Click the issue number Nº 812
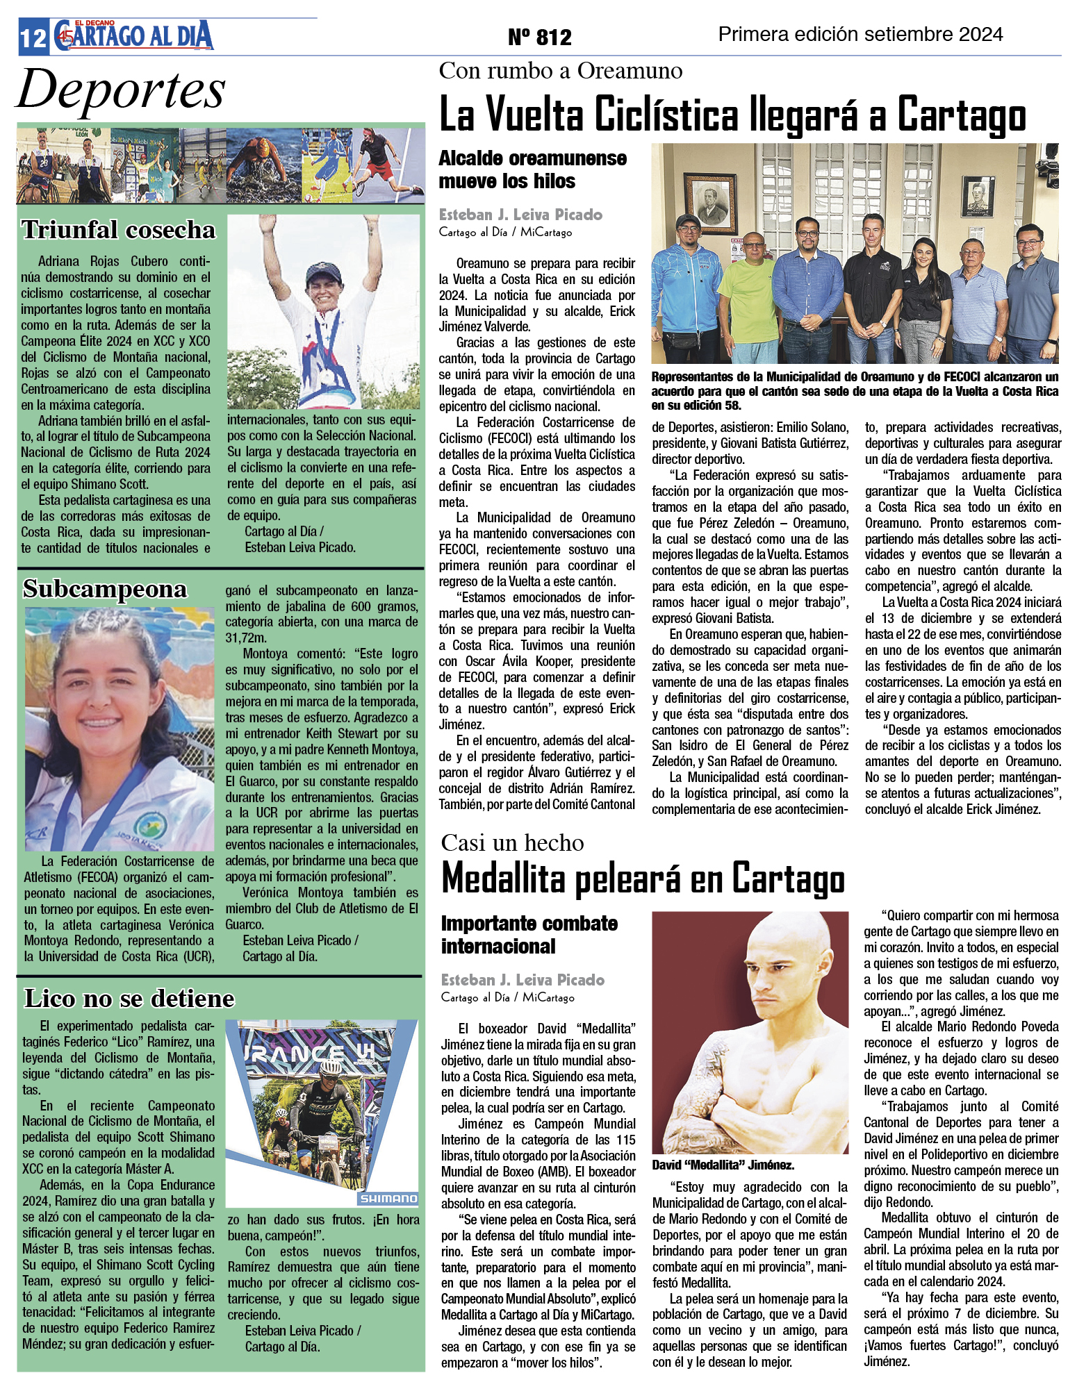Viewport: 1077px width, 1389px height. pyautogui.click(x=539, y=37)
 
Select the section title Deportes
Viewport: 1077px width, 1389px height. pyautogui.click(x=121, y=90)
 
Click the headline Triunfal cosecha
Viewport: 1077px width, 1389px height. pyautogui.click(x=119, y=230)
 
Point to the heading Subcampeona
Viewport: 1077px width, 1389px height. pyautogui.click(x=105, y=589)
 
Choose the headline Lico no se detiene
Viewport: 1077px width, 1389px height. pyautogui.click(x=130, y=998)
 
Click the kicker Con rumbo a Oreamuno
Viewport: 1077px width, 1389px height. pyautogui.click(x=561, y=71)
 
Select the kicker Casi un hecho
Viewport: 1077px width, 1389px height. pyautogui.click(x=512, y=842)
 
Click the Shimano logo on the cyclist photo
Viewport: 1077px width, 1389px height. pyautogui.click(x=388, y=1198)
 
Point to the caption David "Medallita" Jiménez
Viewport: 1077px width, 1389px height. pyautogui.click(x=723, y=1165)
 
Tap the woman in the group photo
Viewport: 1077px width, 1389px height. pyautogui.click(x=922, y=292)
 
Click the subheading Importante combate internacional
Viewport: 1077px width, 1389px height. pyautogui.click(x=529, y=935)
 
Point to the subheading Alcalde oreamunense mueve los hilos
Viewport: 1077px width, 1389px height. pyautogui.click(x=532, y=169)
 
